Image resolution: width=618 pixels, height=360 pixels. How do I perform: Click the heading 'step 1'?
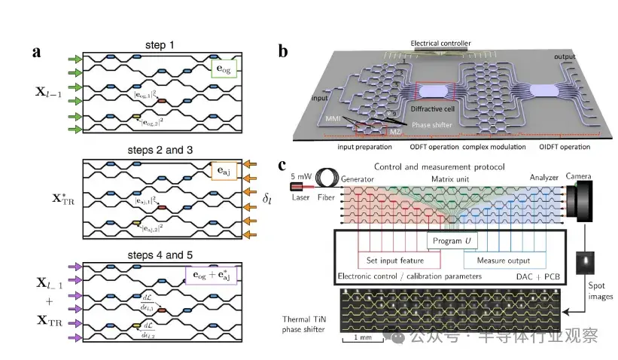[159, 46]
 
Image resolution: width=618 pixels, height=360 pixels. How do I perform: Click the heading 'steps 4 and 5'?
[159, 254]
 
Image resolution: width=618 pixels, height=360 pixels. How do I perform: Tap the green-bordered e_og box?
[224, 74]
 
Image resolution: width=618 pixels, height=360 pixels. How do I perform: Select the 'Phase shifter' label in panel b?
[425, 124]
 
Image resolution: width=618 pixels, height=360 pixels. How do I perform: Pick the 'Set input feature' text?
[395, 262]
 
